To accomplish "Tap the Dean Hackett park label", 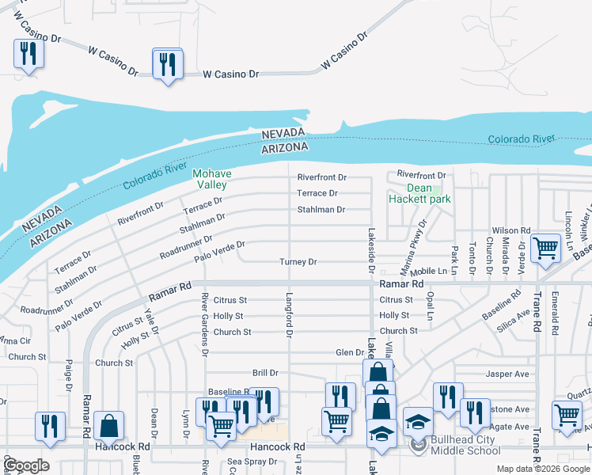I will (x=419, y=193).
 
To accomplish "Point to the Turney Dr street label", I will (x=298, y=262).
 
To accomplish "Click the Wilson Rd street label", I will (x=510, y=230).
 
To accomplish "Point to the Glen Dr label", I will (x=349, y=353).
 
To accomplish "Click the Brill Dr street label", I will (x=265, y=372).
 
